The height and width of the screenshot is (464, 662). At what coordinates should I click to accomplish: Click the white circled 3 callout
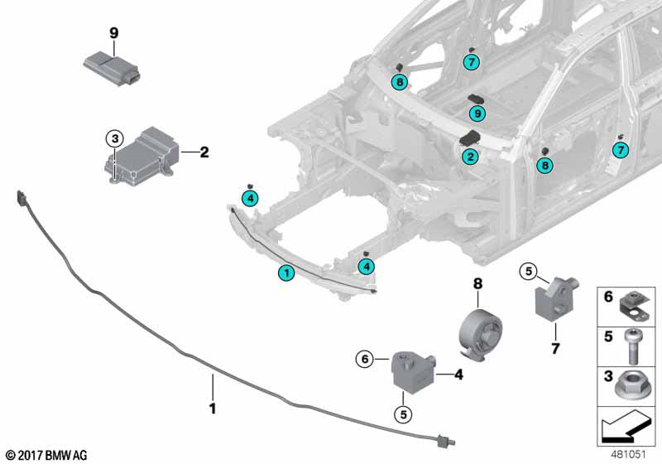[114, 138]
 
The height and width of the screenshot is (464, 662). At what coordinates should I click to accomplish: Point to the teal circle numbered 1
[285, 273]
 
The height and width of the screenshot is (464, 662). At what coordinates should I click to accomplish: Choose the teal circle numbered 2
[469, 156]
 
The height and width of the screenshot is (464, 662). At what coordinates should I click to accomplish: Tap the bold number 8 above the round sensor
[477, 283]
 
